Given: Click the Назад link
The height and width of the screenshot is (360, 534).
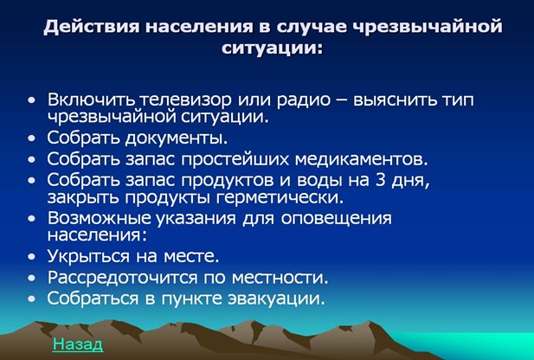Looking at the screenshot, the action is (78, 344).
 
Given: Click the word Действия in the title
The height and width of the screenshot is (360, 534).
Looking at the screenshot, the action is (91, 27).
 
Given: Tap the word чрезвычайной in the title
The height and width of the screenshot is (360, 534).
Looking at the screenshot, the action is (427, 27).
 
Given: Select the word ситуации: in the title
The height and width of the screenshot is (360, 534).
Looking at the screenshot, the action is (272, 48).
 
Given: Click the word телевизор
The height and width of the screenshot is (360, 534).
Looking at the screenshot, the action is (186, 100).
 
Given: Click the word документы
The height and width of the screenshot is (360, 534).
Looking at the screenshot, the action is (177, 138).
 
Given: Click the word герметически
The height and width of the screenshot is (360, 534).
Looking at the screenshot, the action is (280, 198).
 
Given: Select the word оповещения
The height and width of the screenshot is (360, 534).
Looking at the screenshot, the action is (337, 219).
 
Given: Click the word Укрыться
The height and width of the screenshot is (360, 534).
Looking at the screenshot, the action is (88, 256).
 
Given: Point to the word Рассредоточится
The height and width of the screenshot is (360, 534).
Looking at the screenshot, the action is (123, 278).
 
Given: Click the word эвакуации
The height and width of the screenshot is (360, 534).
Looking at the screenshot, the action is (277, 299).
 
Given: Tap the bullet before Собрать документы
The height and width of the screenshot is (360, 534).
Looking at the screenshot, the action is (32, 139).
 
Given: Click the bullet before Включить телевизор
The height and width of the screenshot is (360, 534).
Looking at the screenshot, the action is (32, 100).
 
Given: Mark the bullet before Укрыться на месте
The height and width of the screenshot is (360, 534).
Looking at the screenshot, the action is (32, 257).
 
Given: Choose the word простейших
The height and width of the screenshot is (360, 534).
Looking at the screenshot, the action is (235, 159).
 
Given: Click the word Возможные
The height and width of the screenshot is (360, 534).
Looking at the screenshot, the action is (100, 218).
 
